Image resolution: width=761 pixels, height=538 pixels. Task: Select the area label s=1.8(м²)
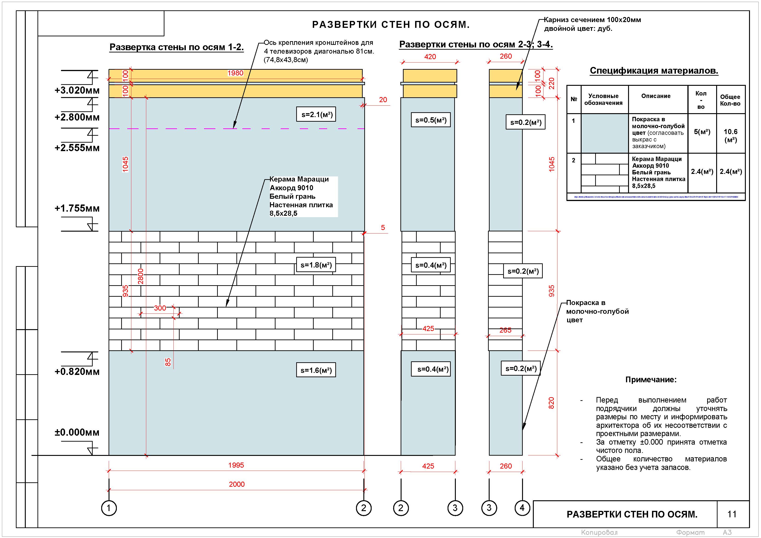pos(316,265)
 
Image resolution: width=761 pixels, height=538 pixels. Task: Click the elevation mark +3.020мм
pos(77,90)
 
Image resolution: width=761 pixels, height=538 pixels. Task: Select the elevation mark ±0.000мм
pos(77,432)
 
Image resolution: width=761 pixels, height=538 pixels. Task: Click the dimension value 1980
pos(235,73)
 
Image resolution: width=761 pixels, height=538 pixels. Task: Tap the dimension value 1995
pos(236,465)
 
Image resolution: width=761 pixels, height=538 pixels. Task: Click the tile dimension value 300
pos(160,308)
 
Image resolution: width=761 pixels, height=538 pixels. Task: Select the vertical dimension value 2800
pos(141,276)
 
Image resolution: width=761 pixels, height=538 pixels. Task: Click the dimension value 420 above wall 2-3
pos(430,57)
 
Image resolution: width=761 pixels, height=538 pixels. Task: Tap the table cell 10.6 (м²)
pos(730,135)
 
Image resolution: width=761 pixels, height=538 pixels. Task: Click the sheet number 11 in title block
pos(732,514)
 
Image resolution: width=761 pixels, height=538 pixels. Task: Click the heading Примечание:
pos(651,380)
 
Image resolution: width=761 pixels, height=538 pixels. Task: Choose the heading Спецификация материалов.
pos(654,71)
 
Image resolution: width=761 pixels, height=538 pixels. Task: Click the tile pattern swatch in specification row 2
pos(605,173)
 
